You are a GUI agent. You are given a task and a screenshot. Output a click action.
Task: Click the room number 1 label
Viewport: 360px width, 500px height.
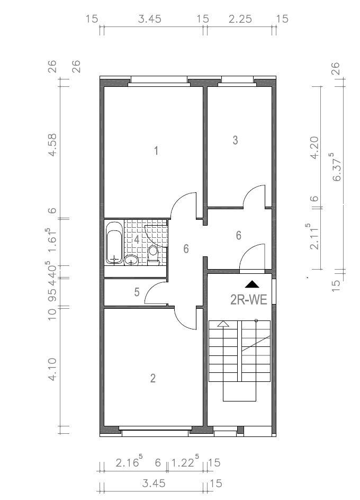[156, 151]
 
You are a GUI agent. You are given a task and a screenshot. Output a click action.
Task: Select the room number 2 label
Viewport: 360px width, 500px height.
[153, 378]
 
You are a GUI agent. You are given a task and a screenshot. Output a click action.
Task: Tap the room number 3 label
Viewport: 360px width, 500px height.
[236, 140]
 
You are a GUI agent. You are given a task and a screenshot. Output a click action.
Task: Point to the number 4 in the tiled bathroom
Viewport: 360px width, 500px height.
[137, 239]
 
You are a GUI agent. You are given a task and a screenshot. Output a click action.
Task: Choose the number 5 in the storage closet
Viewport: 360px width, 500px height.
[137, 292]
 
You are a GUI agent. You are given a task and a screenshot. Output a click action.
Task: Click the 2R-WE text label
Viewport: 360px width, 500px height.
[248, 300]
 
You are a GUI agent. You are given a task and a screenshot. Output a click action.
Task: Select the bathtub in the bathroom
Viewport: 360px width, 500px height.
[114, 242]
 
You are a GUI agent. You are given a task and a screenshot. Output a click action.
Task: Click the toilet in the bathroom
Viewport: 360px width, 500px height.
[154, 253]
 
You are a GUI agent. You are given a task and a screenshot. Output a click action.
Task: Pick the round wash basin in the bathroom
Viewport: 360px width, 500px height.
[131, 260]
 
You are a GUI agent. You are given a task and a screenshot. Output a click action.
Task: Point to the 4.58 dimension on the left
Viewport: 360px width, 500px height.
[52, 144]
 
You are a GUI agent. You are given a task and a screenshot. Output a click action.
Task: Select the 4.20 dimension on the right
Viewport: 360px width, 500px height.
[314, 148]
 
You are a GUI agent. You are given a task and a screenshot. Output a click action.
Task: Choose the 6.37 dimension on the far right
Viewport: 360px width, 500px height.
[336, 167]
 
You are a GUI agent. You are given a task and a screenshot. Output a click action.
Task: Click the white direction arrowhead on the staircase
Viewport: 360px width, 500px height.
[223, 324]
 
